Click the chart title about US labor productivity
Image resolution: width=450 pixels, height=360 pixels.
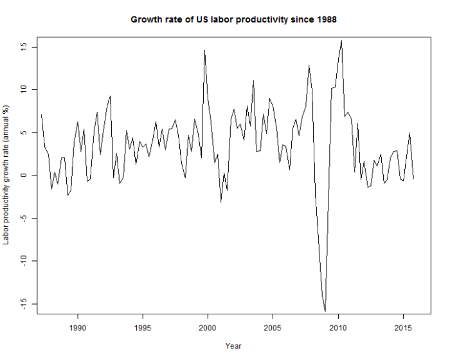tap(233, 19)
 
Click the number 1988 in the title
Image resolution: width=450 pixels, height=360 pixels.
tap(325, 19)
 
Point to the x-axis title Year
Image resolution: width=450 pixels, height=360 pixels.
tap(233, 346)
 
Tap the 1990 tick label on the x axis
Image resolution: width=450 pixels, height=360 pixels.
tap(78, 327)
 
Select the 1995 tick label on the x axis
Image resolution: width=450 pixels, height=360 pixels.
tap(143, 327)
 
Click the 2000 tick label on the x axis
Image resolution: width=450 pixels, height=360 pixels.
tap(208, 327)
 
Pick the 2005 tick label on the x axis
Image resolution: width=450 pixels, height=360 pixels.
tap(273, 327)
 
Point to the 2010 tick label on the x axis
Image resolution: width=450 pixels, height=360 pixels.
tap(338, 327)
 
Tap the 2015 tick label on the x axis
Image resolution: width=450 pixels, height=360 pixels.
tap(403, 327)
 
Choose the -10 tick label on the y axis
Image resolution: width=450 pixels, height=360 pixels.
tap(22, 260)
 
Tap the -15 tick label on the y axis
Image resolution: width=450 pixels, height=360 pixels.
tap(22, 303)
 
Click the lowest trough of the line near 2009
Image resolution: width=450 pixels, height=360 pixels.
tap(325, 311)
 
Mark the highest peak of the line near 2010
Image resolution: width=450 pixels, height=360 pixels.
tap(341, 40)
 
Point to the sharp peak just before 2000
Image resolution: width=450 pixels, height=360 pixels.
tap(205, 50)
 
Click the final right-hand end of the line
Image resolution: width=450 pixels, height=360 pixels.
tap(413, 179)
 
